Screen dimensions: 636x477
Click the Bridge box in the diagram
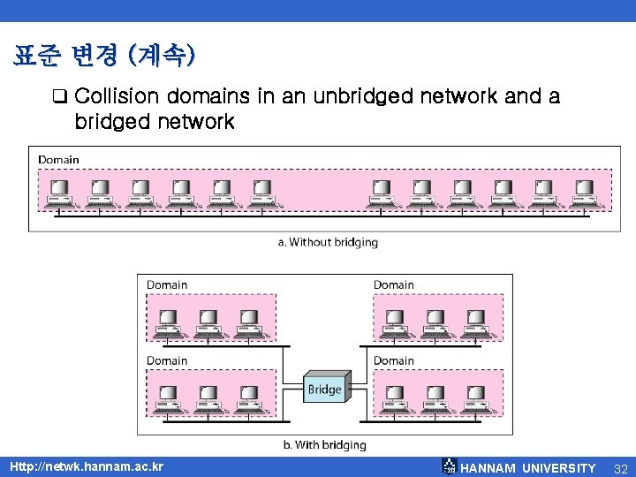[324, 389]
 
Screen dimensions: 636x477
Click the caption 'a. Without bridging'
[328, 242]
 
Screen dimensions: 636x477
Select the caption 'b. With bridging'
[324, 445]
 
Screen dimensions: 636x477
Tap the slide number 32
[619, 467]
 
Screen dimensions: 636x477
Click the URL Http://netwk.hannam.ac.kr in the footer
[87, 466]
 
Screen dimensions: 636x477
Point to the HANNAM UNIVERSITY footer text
[528, 467]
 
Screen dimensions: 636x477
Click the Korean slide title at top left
[104, 57]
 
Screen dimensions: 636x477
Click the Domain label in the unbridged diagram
[58, 160]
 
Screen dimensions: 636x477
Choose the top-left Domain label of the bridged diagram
[167, 284]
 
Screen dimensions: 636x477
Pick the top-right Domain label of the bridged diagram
[393, 284]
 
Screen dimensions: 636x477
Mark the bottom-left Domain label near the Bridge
[167, 360]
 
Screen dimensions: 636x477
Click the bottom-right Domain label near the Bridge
[393, 360]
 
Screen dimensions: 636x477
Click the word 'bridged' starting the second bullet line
[112, 121]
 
